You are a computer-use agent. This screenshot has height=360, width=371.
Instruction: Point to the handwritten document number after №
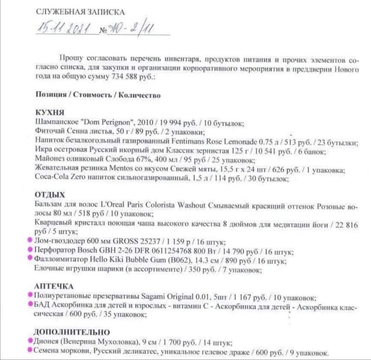coord(130,30)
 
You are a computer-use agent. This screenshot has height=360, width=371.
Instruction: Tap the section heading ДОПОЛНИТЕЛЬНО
coord(72,332)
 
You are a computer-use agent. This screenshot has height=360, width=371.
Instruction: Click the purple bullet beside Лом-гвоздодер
coord(30,241)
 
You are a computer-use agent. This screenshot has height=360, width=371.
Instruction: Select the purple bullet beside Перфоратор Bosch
coord(30,250)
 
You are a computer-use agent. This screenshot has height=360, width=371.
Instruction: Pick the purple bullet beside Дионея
coord(30,342)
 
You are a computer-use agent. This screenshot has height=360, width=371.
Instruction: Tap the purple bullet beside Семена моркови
coord(30,351)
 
